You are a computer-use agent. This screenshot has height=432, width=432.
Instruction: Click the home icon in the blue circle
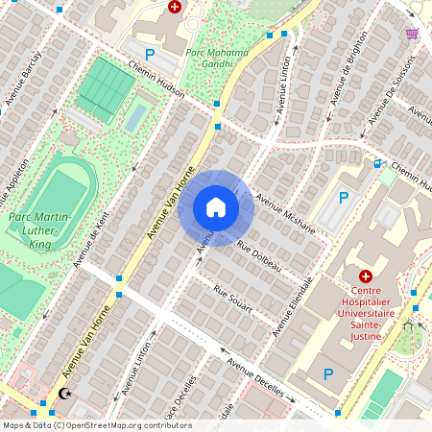(216, 207)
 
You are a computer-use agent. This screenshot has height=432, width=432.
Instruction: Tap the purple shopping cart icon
(412, 34)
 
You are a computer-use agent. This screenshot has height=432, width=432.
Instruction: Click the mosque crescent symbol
(64, 394)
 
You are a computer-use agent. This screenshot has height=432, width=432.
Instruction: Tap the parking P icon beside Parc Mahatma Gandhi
(149, 55)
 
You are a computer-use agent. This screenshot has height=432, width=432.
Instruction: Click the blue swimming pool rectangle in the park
(136, 118)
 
